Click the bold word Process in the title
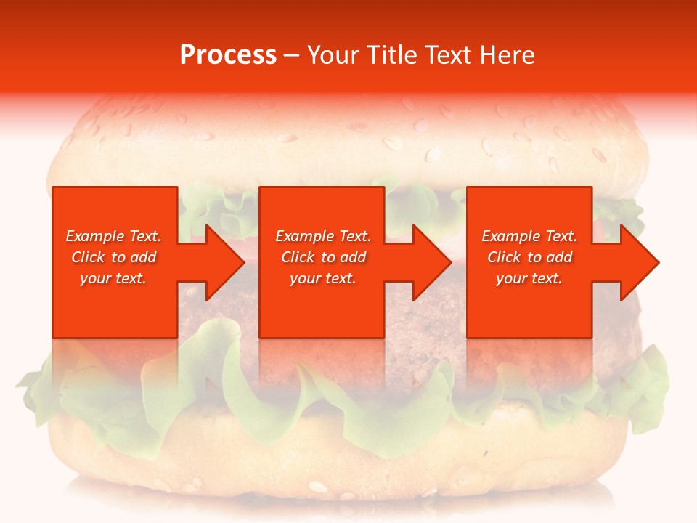pos(228,55)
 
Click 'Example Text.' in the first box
pos(113,236)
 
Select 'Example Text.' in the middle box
pos(323,236)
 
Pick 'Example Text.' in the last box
pos(529,236)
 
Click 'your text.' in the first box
pos(113,278)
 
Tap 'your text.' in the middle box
pos(323,278)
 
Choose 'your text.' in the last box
pos(529,278)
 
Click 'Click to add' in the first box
pos(113,257)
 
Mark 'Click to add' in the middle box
pos(323,257)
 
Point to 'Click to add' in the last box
pos(529,257)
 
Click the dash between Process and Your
pos(292,56)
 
